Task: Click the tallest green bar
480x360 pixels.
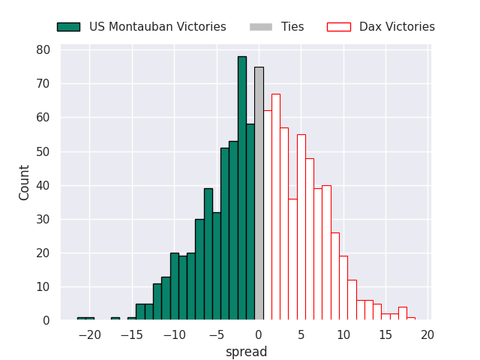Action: [x=242, y=188]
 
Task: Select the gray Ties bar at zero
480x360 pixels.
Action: [x=259, y=193]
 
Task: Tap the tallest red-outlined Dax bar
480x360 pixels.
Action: [x=276, y=207]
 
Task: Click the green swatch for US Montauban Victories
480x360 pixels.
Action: [x=68, y=27]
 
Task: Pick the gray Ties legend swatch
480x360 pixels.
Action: [x=261, y=27]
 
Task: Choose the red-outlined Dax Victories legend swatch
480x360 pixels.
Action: [x=339, y=27]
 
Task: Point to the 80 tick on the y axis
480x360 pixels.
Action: [x=43, y=50]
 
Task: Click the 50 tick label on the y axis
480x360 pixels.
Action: [x=43, y=151]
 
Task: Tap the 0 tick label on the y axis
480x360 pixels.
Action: [x=46, y=320]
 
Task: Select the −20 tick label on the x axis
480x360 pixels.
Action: [x=90, y=335]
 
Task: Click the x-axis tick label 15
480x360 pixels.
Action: [x=385, y=335]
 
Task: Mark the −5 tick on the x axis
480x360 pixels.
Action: [x=217, y=335]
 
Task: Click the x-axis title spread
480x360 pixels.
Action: [x=247, y=352]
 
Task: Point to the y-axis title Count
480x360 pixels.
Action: [x=23, y=183]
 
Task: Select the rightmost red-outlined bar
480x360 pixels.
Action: [x=411, y=319]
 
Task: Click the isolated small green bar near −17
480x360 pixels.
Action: [x=115, y=319]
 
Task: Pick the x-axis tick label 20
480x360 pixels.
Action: [x=427, y=335]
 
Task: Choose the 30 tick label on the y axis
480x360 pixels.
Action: [x=43, y=219]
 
